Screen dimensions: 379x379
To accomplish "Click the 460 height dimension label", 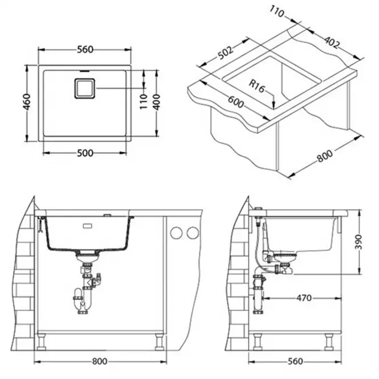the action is click(x=27, y=102).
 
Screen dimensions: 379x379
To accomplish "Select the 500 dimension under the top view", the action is click(x=85, y=153).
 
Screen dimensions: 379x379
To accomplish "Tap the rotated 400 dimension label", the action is click(x=157, y=102).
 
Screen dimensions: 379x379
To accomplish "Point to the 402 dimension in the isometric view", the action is click(x=332, y=42).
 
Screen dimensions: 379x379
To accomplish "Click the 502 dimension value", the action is click(x=226, y=52).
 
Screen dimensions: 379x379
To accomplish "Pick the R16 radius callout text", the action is click(x=257, y=86).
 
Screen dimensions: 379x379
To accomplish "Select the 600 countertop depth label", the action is click(x=236, y=102).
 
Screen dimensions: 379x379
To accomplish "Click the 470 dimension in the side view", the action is click(x=304, y=298).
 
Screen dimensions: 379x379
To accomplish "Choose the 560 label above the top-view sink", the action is click(x=85, y=50).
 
